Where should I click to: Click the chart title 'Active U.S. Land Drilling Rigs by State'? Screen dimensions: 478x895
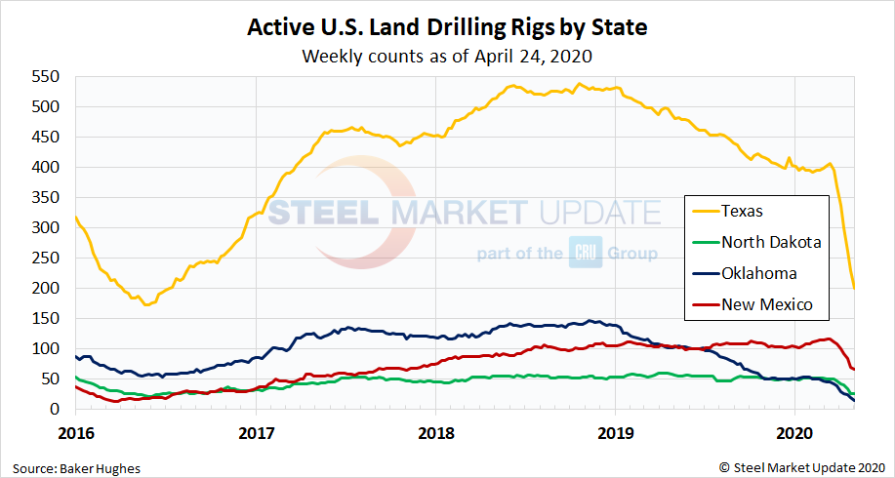pyautogui.click(x=447, y=26)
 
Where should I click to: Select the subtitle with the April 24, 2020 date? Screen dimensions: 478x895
pyautogui.click(x=447, y=56)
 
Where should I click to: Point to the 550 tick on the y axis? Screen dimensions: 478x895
pyautogui.click(x=46, y=76)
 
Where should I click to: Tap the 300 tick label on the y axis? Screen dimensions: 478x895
pyautogui.click(x=46, y=227)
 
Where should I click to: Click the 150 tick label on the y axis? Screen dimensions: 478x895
pyautogui.click(x=46, y=318)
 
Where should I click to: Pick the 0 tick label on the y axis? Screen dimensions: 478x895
pyautogui.click(x=56, y=410)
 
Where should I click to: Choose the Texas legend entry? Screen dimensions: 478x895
pyautogui.click(x=742, y=210)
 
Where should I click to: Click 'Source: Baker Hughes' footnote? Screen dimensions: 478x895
pyautogui.click(x=77, y=468)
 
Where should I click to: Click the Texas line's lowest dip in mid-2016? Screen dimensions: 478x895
pyautogui.click(x=147, y=304)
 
